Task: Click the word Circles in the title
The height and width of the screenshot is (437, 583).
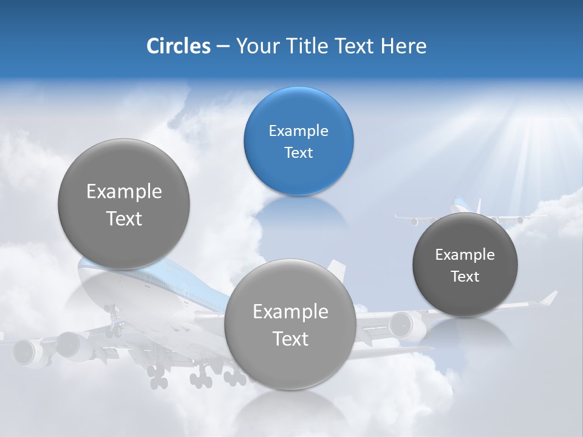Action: pyautogui.click(x=178, y=46)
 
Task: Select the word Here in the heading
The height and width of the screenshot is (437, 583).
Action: pyautogui.click(x=403, y=46)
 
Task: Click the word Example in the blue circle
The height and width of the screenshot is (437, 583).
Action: pyautogui.click(x=298, y=131)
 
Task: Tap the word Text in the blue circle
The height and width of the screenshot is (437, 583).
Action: pyautogui.click(x=298, y=153)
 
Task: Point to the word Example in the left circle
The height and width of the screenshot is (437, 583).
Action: pyautogui.click(x=124, y=192)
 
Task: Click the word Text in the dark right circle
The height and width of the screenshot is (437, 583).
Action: pyautogui.click(x=465, y=277)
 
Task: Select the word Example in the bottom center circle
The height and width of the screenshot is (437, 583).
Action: pyautogui.click(x=290, y=312)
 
